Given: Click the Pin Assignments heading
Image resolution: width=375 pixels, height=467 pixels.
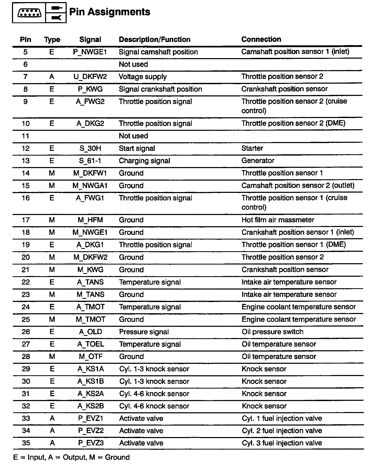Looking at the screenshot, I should [110, 12].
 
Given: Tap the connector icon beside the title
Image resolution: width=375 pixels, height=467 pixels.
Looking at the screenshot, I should [29, 13].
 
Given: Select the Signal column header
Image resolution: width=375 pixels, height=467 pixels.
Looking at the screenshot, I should [90, 40].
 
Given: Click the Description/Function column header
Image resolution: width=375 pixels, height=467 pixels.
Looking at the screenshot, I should [154, 40].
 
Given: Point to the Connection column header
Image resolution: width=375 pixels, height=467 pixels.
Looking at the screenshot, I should [261, 39].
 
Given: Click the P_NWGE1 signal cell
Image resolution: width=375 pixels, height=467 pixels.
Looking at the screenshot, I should [90, 52].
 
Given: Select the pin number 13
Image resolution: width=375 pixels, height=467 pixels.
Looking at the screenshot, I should [26, 161].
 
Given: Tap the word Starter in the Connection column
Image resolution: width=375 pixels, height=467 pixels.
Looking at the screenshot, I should [252, 148].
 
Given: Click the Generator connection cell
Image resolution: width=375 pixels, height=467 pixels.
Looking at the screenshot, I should [258, 161].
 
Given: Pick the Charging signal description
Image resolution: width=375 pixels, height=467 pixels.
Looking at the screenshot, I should [144, 161].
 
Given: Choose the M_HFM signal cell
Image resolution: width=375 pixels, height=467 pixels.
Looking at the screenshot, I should [90, 220].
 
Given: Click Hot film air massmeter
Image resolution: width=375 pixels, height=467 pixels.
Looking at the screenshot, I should [278, 220].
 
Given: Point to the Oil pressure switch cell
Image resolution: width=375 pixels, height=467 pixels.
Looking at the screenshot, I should [272, 332].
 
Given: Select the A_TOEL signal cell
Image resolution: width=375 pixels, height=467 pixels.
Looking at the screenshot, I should [91, 344].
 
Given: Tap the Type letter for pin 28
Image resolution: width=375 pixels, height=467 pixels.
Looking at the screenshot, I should [52, 357].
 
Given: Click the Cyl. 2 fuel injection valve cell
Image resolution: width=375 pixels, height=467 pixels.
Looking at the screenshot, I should [282, 431].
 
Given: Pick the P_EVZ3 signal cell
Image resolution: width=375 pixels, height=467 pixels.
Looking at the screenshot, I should [91, 443].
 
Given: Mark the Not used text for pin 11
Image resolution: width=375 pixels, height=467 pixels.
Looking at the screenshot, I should [133, 136].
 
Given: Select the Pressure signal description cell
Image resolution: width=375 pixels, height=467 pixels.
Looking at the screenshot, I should [144, 332].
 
